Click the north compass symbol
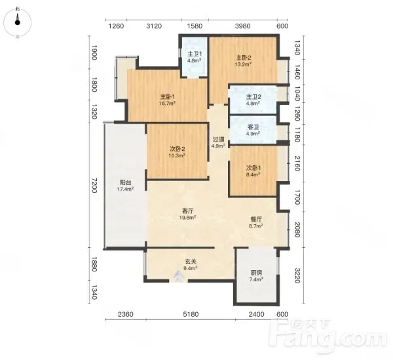coord(17,22)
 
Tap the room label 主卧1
coord(168,96)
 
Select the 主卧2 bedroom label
coord(244,58)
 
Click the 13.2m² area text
coord(243,64)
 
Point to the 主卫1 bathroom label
coord(195,54)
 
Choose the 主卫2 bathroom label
coord(253,96)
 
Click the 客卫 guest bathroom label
coord(253,127)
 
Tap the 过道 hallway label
coord(218,139)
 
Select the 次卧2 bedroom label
coord(178,149)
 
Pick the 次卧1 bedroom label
coord(253,168)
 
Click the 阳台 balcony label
coord(125,182)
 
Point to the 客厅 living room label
coord(187,211)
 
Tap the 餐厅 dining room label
coord(256,219)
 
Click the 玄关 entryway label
coord(191,262)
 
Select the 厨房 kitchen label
coord(256,272)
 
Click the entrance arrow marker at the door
coord(178,276)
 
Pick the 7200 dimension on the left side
coord(94,185)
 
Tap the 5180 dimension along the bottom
coord(191,314)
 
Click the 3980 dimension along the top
coord(243,26)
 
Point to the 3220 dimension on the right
coord(297,275)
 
